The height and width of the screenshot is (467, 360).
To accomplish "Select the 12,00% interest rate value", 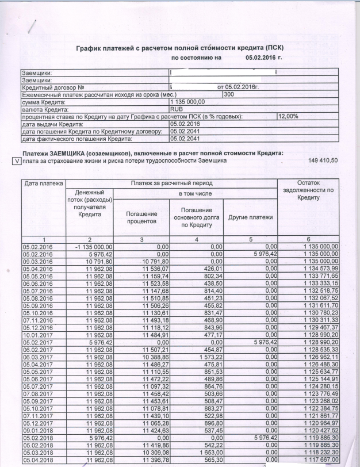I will pyautogui.click(x=288, y=116).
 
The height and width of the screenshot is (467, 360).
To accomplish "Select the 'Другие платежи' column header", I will pyautogui.click(x=250, y=217).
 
